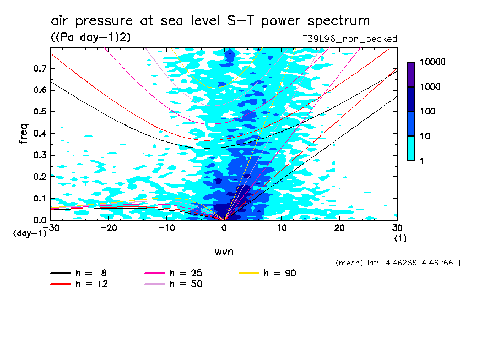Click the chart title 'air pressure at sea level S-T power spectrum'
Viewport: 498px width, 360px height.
210,21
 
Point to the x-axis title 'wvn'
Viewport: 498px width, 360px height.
224,252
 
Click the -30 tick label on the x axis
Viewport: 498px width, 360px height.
51,227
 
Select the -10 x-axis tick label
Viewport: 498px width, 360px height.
166,227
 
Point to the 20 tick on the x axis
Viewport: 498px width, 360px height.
339,227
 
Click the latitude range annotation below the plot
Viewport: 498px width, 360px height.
393,263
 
